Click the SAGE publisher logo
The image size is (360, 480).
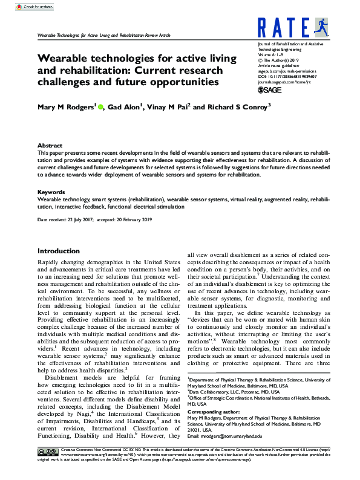point(270,89)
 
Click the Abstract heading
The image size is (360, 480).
point(50,146)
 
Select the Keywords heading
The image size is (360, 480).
point(51,191)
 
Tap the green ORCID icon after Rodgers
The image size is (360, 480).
point(101,107)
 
